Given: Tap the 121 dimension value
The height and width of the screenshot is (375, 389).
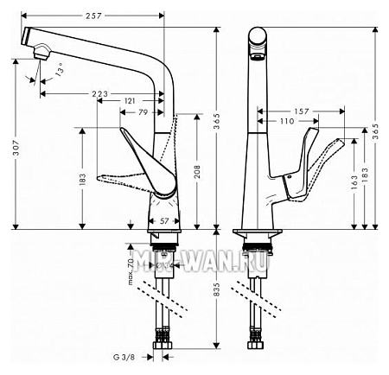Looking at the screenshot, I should pos(130,102).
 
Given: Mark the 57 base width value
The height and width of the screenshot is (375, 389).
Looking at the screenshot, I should pos(165,221).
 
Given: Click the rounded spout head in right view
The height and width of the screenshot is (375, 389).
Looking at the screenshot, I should pos(258,40).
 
